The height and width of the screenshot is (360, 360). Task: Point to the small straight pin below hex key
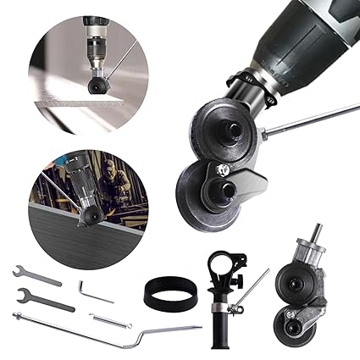tap(111, 320)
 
